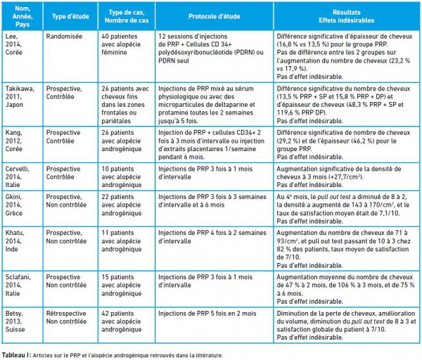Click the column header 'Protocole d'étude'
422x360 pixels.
click(214, 16)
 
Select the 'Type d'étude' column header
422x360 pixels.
click(70, 16)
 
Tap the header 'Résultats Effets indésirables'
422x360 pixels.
click(346, 16)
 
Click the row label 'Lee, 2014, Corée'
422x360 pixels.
click(14, 44)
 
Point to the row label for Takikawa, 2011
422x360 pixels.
click(20, 96)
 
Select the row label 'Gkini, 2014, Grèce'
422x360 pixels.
click(14, 205)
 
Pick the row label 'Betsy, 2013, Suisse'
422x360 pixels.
click(15, 321)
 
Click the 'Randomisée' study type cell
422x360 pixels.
click(64, 37)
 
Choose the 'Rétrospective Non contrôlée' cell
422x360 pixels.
click(66, 317)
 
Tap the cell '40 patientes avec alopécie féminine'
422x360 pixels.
click(121, 44)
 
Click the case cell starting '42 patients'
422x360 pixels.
click(122, 321)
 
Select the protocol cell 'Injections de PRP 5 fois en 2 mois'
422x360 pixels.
click(207, 314)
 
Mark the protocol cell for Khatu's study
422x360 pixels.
click(212, 237)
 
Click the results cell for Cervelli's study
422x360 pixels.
click(339, 176)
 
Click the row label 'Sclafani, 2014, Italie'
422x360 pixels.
click(18, 285)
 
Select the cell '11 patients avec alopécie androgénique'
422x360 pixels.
click(122, 240)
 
